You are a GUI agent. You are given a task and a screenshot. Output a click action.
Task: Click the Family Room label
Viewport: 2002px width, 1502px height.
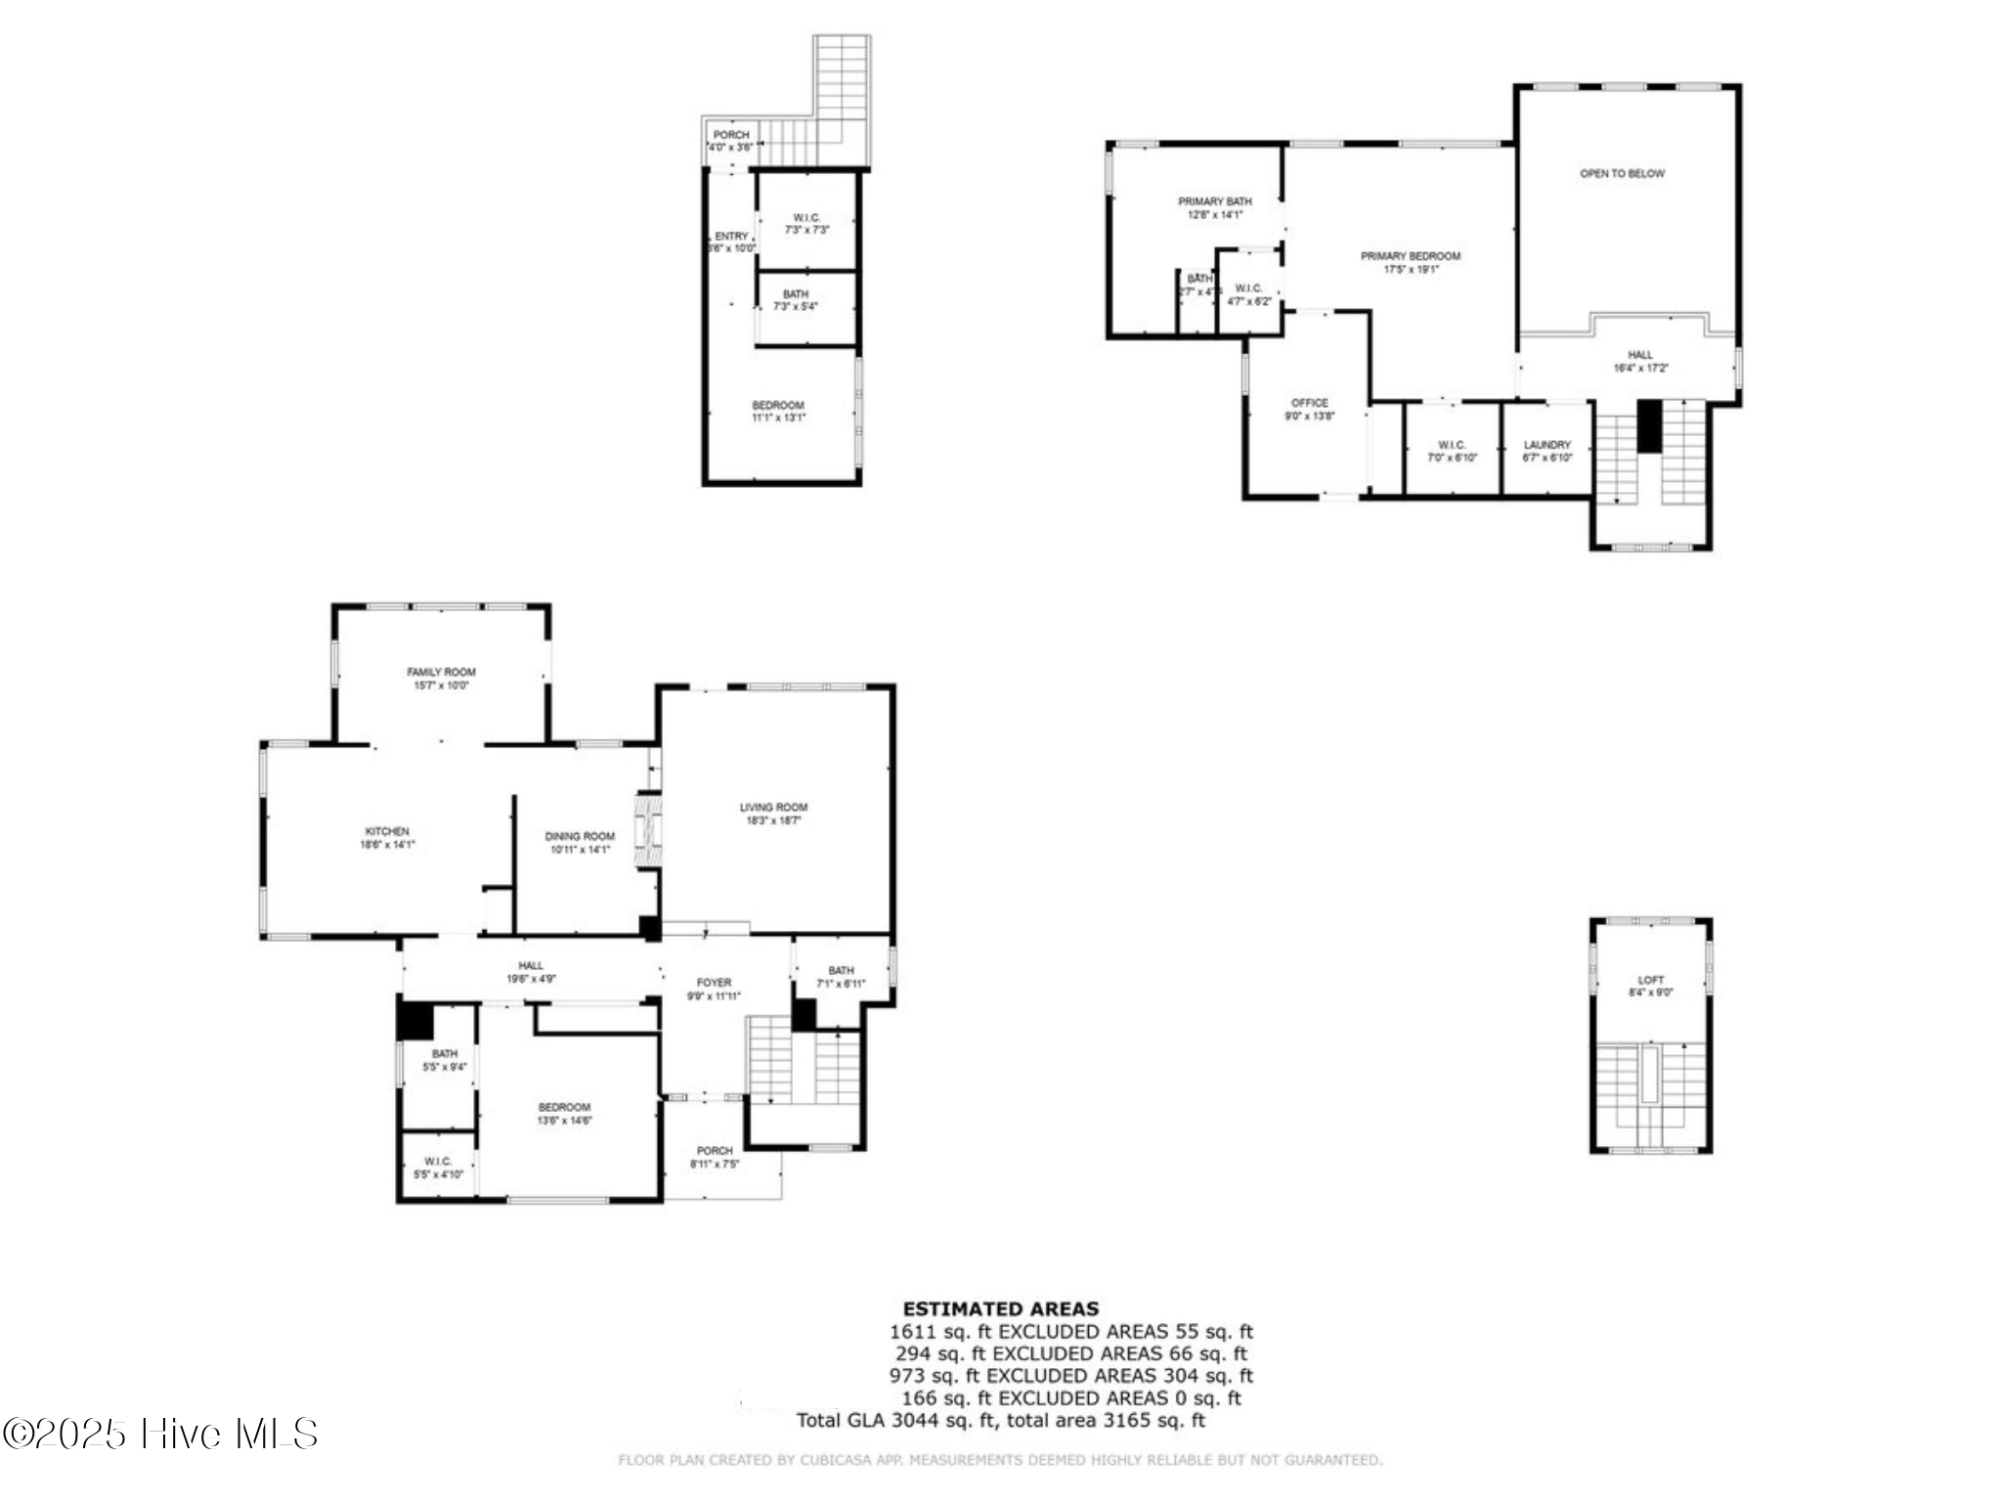click(x=441, y=672)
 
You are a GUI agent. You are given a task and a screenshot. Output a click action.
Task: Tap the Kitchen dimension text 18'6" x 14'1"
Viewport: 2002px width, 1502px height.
click(x=387, y=844)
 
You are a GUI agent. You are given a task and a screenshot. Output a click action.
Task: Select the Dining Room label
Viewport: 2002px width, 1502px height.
click(x=580, y=836)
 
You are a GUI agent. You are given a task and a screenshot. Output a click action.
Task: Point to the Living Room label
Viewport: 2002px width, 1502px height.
click(x=773, y=807)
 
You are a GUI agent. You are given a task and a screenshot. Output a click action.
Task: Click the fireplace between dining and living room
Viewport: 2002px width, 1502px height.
click(x=647, y=830)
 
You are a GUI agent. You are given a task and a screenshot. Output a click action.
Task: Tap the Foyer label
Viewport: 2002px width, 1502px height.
click(x=714, y=982)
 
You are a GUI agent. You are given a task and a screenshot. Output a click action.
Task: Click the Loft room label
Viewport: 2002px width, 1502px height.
click(x=1650, y=980)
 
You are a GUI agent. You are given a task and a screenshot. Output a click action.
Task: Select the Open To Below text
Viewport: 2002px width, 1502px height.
click(x=1622, y=173)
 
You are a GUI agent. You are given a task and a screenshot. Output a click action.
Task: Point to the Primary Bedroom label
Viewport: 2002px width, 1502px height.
click(x=1411, y=256)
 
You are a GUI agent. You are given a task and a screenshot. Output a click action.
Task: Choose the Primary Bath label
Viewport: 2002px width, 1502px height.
click(x=1214, y=201)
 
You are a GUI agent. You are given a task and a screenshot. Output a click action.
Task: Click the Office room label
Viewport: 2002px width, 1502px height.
click(x=1309, y=403)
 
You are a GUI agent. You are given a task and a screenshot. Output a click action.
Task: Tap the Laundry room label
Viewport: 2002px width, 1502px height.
click(x=1546, y=445)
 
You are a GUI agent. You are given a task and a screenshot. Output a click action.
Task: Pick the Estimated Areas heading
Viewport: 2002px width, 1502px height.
click(x=1000, y=1308)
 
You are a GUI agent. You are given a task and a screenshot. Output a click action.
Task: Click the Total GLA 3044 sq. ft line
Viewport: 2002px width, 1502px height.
click(x=1000, y=1420)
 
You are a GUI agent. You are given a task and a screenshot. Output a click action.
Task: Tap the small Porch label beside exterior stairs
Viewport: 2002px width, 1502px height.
click(x=730, y=135)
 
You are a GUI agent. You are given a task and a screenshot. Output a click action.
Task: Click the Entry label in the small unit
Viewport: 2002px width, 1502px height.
click(x=731, y=236)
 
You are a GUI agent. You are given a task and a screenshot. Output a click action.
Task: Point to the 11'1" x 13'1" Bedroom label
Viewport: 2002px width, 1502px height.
click(x=778, y=411)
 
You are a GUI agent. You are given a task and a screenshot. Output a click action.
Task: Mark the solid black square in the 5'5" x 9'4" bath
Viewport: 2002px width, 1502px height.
click(x=414, y=1022)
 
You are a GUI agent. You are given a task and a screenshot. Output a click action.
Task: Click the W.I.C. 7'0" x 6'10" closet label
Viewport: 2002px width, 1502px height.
click(x=1452, y=451)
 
